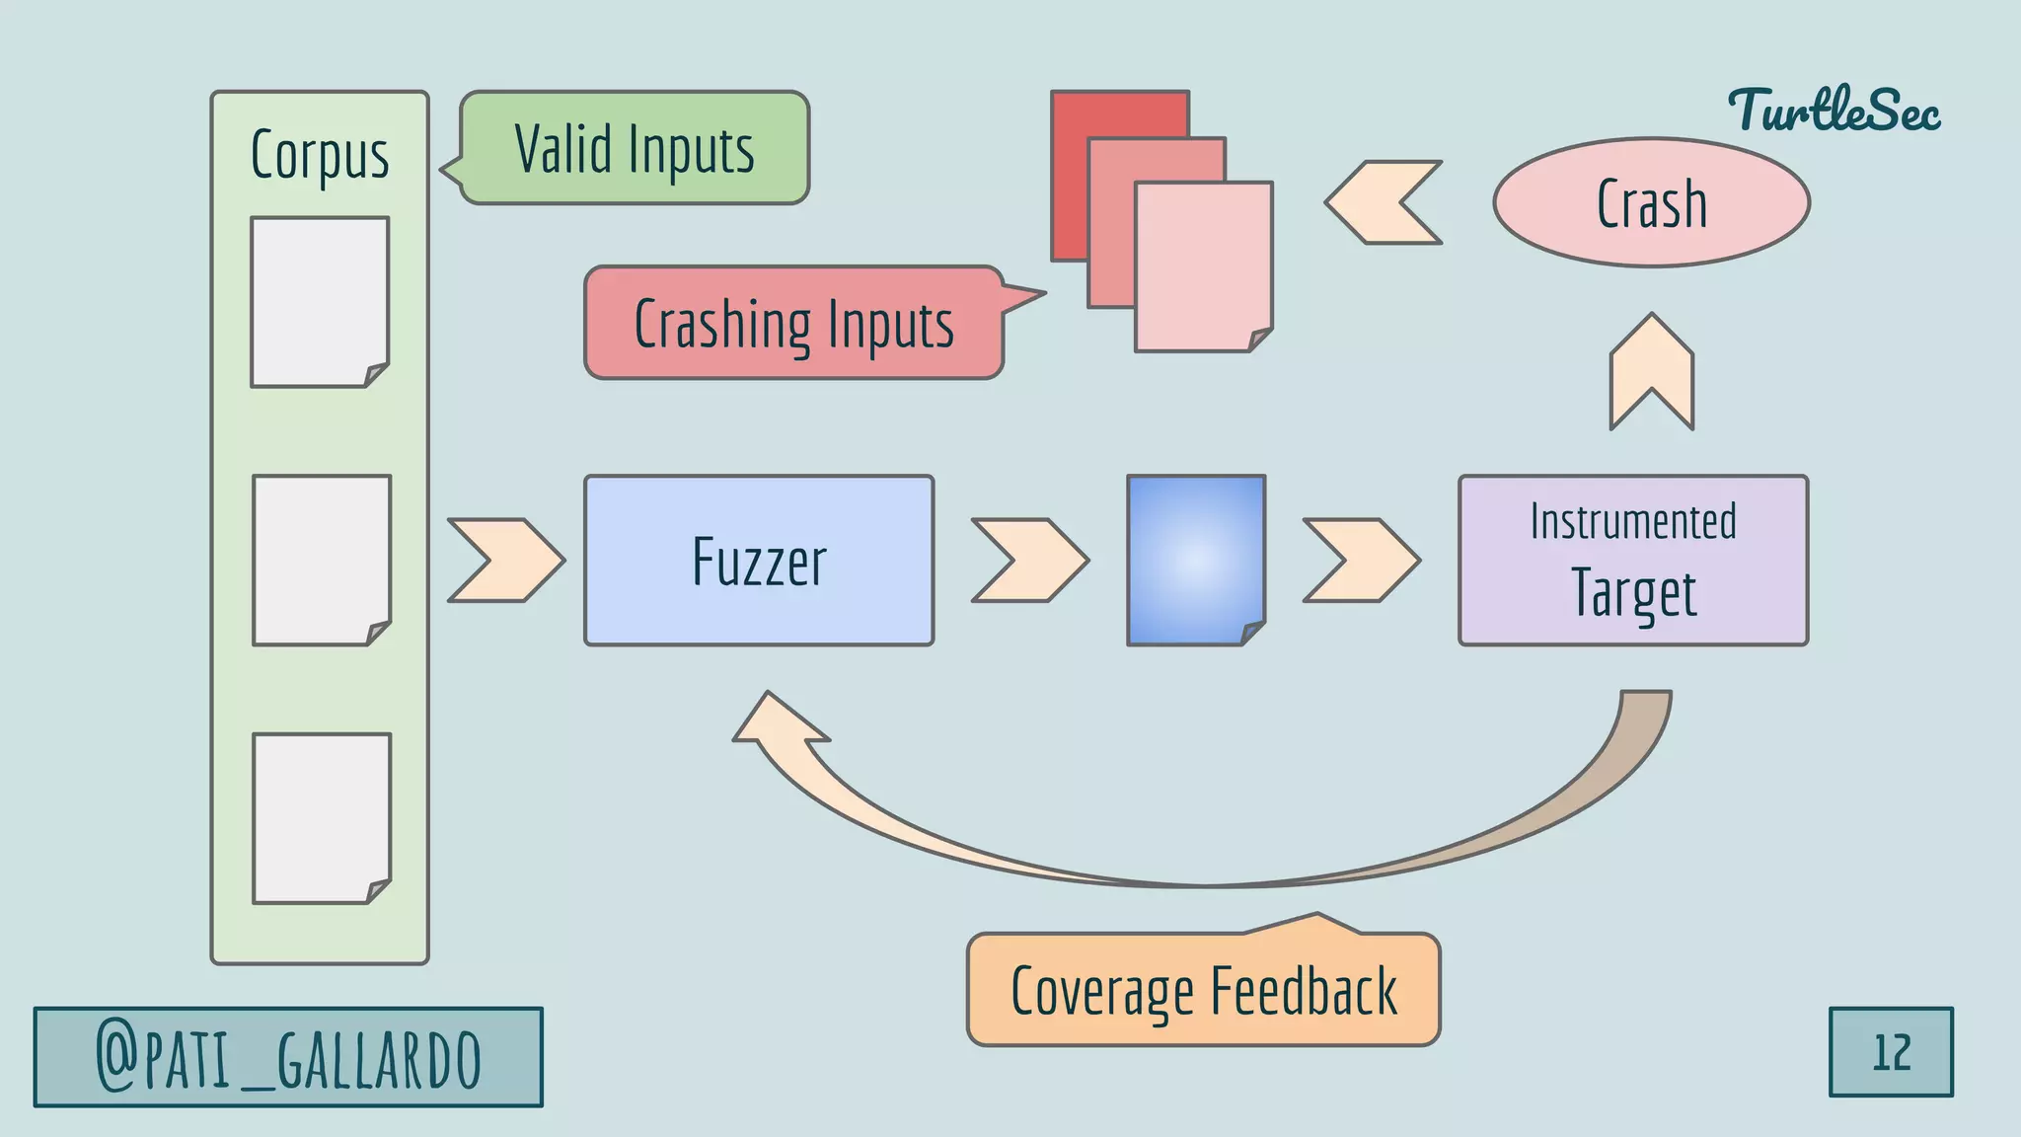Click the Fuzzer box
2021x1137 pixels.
tap(758, 561)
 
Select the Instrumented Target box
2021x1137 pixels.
tap(1633, 561)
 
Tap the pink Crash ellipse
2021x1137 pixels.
tap(1651, 202)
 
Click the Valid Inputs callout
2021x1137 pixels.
tap(635, 148)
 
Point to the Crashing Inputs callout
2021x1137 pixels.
tap(793, 323)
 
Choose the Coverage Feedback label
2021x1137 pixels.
tap(1203, 990)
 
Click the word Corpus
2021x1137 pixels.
tap(320, 155)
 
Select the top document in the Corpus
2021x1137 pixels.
tap(319, 301)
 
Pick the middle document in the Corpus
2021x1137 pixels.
tap(321, 560)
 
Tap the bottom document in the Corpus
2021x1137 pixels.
tap(321, 817)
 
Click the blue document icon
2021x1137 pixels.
tap(1195, 561)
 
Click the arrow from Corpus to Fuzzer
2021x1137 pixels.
tap(505, 560)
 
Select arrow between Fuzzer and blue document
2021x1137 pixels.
tap(1029, 560)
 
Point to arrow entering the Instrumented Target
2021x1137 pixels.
tap(1361, 560)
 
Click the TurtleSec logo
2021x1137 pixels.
tap(1834, 111)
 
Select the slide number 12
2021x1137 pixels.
tap(1891, 1052)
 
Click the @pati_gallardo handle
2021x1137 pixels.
tap(288, 1057)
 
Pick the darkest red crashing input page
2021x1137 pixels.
tap(1071, 178)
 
